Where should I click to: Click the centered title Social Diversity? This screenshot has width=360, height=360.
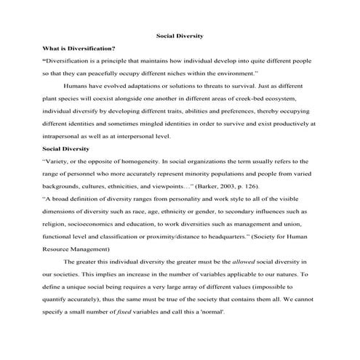pos(180,35)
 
